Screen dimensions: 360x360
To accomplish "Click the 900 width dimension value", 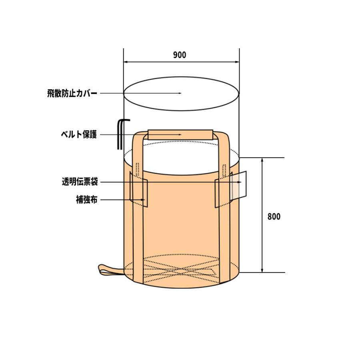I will pyautogui.click(x=180, y=56).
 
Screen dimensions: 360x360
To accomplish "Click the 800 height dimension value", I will pyautogui.click(x=274, y=217).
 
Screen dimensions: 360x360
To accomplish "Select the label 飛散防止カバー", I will pyautogui.click(x=72, y=93).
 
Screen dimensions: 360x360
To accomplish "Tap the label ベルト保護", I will pyautogui.click(x=78, y=135).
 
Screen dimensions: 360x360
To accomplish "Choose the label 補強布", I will pyautogui.click(x=86, y=199).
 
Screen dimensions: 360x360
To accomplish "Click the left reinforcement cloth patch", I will pyautogui.click(x=139, y=193).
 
